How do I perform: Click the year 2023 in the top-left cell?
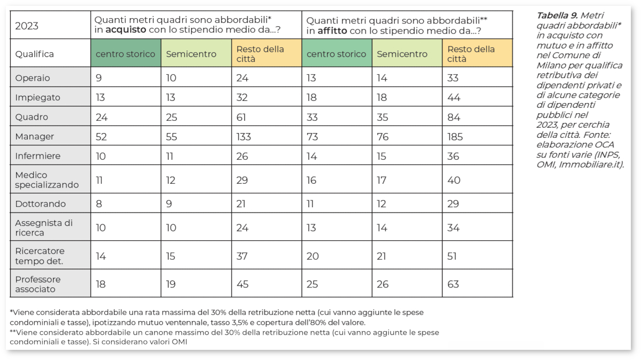pyautogui.click(x=27, y=26)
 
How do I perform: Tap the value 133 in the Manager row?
pyautogui.click(x=244, y=137)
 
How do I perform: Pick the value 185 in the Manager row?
pyautogui.click(x=456, y=137)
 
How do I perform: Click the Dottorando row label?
pyautogui.click(x=41, y=204)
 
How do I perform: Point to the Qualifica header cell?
pyautogui.click(x=34, y=54)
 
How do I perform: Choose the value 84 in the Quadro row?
pyautogui.click(x=454, y=117)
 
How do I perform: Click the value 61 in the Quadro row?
pyautogui.click(x=241, y=117)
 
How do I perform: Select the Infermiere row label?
pyautogui.click(x=37, y=156)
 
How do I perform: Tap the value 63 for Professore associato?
pyautogui.click(x=453, y=284)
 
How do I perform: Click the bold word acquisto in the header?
pyautogui.click(x=126, y=30)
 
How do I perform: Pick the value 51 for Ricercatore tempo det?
pyautogui.click(x=452, y=256)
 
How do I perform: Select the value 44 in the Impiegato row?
pyautogui.click(x=454, y=98)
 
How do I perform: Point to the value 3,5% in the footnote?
pyautogui.click(x=291, y=323)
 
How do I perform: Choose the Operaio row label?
pyautogui.click(x=33, y=78)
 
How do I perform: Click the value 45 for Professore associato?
pyautogui.click(x=243, y=284)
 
